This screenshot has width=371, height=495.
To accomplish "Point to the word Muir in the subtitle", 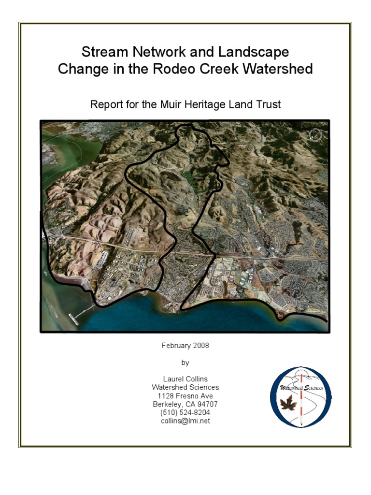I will [172, 104].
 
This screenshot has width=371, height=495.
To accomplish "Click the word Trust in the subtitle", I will [268, 104].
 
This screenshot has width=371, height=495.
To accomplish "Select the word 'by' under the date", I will [185, 362].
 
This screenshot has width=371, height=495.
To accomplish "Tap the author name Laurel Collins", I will [185, 379].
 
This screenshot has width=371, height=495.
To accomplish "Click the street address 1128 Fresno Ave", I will [185, 396].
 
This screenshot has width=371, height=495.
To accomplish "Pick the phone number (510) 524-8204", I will [185, 412].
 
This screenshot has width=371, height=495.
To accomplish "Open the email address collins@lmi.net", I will [185, 421].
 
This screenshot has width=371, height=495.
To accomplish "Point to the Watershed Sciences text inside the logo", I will [300, 388].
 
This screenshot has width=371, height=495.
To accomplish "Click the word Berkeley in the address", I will [168, 404].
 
